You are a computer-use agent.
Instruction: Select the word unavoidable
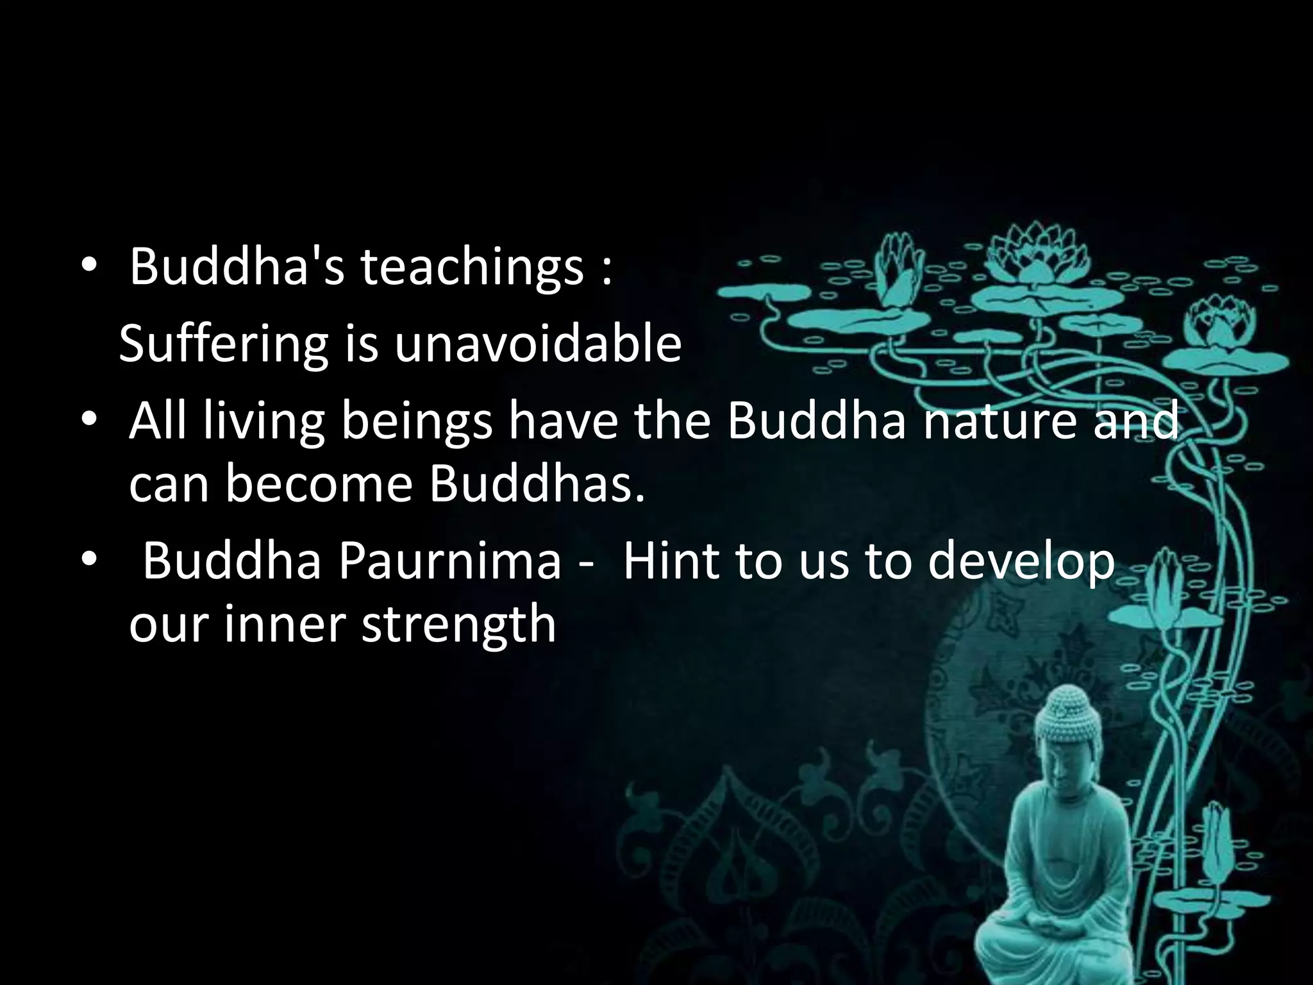point(537,344)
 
